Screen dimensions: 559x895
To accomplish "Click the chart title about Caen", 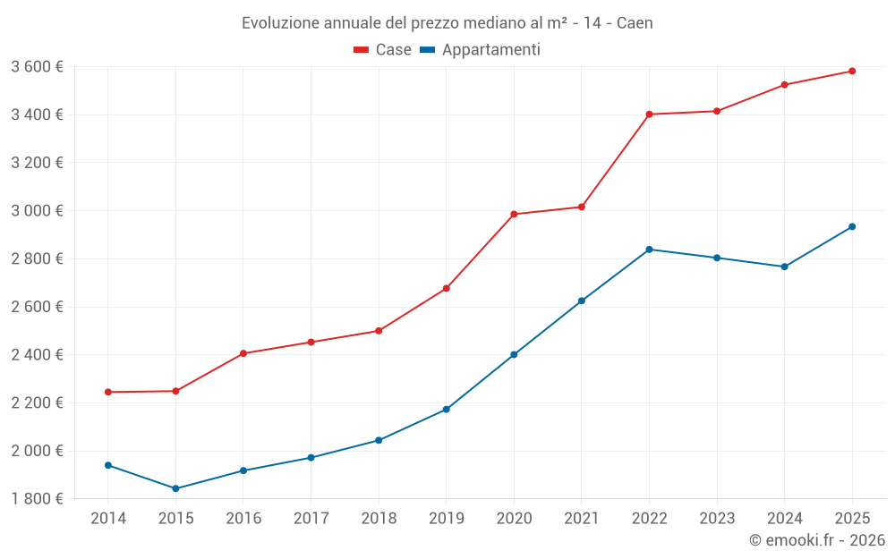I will [447, 22].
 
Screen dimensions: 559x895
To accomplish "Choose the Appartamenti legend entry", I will [490, 50].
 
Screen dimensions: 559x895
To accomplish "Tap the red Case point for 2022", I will [649, 114].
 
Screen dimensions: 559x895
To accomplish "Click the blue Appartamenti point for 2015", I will [175, 488].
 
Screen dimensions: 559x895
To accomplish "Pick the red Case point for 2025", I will [852, 71].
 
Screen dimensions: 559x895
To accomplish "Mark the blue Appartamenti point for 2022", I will [649, 250].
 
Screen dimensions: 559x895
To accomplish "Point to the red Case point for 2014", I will [108, 392].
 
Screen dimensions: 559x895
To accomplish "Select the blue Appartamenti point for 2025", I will [852, 226].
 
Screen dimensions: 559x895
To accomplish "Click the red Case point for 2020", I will [514, 214].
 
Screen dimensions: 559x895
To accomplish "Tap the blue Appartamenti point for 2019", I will [446, 410].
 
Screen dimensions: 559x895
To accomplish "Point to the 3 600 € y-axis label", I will [37, 67].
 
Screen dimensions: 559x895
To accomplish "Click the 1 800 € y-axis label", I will [37, 498].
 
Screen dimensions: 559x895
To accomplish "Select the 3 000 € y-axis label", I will [37, 211].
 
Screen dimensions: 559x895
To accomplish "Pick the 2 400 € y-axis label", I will [37, 355].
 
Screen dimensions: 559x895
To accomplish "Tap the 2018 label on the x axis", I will [379, 518].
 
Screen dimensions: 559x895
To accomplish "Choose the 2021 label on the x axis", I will [581, 518].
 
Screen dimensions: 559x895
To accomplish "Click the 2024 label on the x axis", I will [784, 518].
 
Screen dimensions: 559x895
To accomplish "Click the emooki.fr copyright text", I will [816, 540].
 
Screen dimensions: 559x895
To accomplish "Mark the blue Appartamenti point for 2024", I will [784, 267].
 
